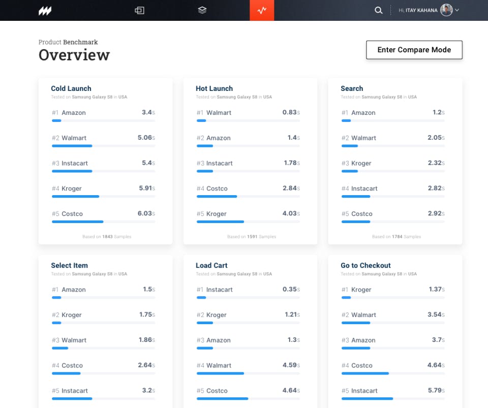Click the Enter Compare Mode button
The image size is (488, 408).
pyautogui.click(x=414, y=50)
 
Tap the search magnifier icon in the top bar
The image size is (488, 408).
pyautogui.click(x=378, y=10)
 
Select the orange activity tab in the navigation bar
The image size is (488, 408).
pyautogui.click(x=262, y=10)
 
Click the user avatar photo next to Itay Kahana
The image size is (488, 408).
pyautogui.click(x=446, y=10)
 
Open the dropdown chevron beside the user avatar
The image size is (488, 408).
pyautogui.click(x=457, y=10)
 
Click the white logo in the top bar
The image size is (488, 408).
pyautogui.click(x=45, y=11)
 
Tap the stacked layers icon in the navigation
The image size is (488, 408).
pyautogui.click(x=202, y=10)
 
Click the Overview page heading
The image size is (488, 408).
pyautogui.click(x=74, y=55)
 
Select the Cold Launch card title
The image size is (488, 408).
pyautogui.click(x=71, y=88)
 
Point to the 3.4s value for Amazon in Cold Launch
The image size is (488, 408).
pyautogui.click(x=148, y=112)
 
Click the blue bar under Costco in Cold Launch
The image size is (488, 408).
pyautogui.click(x=77, y=222)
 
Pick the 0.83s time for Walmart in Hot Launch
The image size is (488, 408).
pyautogui.click(x=291, y=112)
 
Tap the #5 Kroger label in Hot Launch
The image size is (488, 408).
pyautogui.click(x=211, y=214)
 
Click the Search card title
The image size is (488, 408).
pyautogui.click(x=352, y=88)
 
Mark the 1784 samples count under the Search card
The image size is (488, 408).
pyautogui.click(x=397, y=237)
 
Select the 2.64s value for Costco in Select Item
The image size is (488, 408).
pyautogui.click(x=146, y=365)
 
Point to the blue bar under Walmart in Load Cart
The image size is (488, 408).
pyautogui.click(x=220, y=373)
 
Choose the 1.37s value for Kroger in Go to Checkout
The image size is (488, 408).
pyautogui.click(x=437, y=289)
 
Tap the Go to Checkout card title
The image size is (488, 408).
pyautogui.click(x=365, y=266)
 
